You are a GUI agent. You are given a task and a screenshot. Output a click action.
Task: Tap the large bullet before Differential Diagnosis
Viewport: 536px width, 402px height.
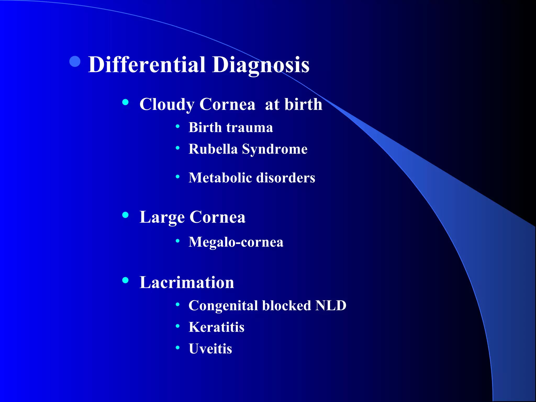75,62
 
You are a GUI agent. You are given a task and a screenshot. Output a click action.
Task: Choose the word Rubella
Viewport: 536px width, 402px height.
213,149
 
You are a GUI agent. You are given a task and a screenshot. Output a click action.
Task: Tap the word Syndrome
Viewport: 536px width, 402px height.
275,149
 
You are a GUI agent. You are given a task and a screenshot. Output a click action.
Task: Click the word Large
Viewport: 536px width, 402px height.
162,217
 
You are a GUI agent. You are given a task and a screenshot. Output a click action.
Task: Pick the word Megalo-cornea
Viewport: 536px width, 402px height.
236,242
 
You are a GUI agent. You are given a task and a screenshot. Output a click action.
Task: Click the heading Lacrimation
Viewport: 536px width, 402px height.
187,282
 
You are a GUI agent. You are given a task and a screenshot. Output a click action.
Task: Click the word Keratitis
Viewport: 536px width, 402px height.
216,327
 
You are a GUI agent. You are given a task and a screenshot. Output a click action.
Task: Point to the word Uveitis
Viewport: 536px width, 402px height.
210,349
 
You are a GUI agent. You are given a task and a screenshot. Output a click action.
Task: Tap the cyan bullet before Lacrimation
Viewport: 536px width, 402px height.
126,280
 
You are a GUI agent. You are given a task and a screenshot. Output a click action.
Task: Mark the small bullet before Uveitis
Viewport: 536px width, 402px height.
178,348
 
